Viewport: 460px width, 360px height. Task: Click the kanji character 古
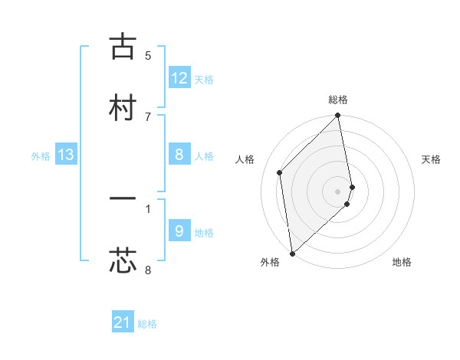123,47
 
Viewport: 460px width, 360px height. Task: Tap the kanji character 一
123,200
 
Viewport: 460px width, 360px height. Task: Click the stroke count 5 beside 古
148,55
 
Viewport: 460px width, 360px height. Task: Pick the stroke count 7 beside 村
148,116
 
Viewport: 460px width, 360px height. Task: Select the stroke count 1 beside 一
148,208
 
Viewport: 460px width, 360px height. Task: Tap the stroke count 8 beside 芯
148,270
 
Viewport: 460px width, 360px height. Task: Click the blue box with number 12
179,78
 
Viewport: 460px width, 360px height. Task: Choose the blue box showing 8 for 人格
179,155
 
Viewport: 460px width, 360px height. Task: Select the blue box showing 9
179,231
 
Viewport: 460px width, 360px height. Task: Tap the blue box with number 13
66,155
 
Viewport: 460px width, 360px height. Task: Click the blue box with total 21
123,322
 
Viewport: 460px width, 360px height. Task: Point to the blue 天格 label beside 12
204,80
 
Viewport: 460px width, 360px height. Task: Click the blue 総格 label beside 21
147,324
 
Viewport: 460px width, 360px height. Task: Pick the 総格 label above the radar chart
338,100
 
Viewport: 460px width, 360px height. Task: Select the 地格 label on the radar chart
402,263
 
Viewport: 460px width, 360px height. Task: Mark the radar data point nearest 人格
280,172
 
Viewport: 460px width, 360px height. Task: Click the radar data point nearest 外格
291,253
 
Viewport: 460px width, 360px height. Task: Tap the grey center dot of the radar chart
338,191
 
